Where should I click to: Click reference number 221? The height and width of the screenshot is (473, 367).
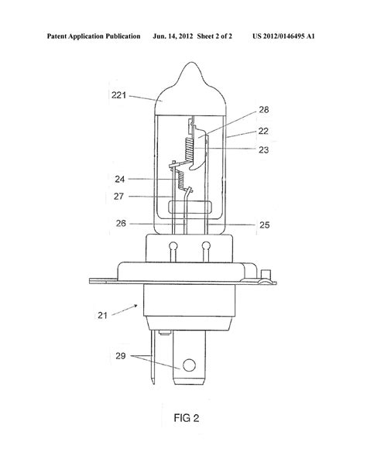pos(118,95)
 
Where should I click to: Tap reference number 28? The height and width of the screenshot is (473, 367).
pos(264,110)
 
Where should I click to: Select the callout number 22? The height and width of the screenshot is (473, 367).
pos(263,131)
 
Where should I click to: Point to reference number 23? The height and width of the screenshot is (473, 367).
pos(263,149)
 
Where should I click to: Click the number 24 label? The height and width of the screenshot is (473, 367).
pos(120,179)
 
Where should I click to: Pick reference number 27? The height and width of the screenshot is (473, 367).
pos(119,197)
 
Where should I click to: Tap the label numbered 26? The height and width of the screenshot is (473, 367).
pos(121,224)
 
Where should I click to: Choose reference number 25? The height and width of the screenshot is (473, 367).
pos(265,225)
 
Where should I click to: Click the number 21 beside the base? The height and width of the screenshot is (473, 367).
pos(103,315)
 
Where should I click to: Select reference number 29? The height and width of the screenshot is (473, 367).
pos(121,356)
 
